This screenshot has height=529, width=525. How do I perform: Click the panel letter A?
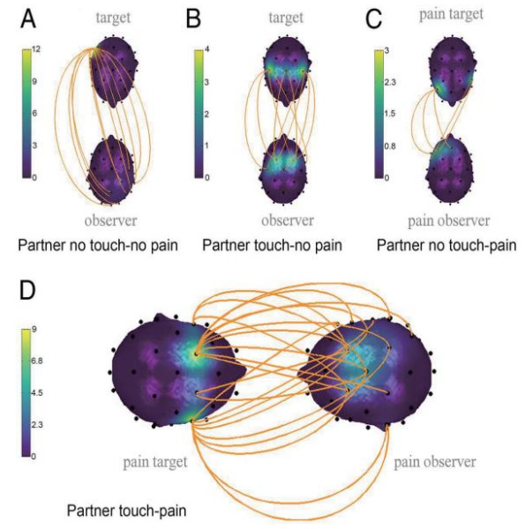(28, 19)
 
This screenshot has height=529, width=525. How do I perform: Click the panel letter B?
(193, 19)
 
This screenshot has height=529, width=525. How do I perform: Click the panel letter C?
(374, 19)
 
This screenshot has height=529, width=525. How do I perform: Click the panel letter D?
(27, 290)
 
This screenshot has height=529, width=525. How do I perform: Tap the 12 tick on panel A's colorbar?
(36, 49)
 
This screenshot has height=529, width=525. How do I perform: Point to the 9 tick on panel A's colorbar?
(34, 81)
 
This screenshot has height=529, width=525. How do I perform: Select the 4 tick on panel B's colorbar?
(207, 49)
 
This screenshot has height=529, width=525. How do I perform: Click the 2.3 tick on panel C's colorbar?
(390, 82)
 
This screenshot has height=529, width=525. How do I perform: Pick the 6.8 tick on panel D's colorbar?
(37, 361)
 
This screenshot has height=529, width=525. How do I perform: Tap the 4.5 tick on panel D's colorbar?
(37, 392)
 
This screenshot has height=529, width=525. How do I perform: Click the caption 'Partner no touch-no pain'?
(98, 245)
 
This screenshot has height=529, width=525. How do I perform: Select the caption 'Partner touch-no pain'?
(272, 245)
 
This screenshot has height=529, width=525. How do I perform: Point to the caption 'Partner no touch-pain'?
(446, 245)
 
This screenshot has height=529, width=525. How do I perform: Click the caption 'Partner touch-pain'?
(126, 510)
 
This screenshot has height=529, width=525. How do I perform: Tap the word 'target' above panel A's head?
(113, 18)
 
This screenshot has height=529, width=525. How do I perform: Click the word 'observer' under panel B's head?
(288, 220)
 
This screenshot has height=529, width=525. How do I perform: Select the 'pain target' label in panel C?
(451, 15)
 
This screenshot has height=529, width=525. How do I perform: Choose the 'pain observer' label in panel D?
(435, 462)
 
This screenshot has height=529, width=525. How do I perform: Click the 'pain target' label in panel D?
(155, 462)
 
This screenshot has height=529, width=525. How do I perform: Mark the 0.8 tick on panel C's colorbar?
(390, 146)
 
